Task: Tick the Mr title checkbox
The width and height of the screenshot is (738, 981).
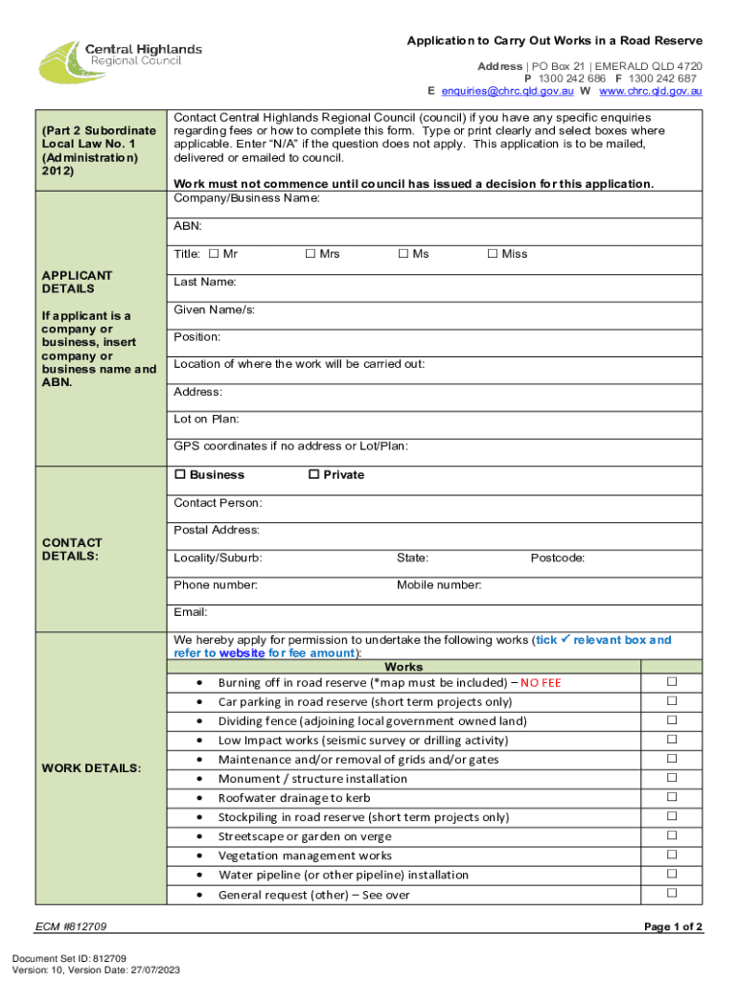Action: [214, 254]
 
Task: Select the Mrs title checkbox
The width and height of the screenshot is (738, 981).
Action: [310, 254]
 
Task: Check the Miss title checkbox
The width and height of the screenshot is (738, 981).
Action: [404, 254]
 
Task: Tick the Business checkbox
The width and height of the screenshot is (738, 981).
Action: [179, 475]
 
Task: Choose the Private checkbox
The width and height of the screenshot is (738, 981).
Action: [312, 475]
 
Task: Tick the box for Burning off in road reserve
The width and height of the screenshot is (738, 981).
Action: [672, 682]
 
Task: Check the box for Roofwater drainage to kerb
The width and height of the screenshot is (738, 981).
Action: [672, 797]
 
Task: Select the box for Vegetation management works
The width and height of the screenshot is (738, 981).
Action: [672, 855]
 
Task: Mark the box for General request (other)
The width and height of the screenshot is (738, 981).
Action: [672, 893]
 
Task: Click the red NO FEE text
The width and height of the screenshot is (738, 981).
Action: [541, 683]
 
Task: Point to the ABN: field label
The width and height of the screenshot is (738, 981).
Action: [188, 227]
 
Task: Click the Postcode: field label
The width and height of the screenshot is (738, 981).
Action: [558, 559]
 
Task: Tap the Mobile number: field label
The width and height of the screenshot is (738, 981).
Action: [439, 585]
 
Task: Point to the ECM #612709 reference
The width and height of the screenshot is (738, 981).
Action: [75, 927]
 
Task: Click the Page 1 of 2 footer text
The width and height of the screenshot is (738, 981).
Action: [673, 927]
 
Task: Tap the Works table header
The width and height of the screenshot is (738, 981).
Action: [403, 667]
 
